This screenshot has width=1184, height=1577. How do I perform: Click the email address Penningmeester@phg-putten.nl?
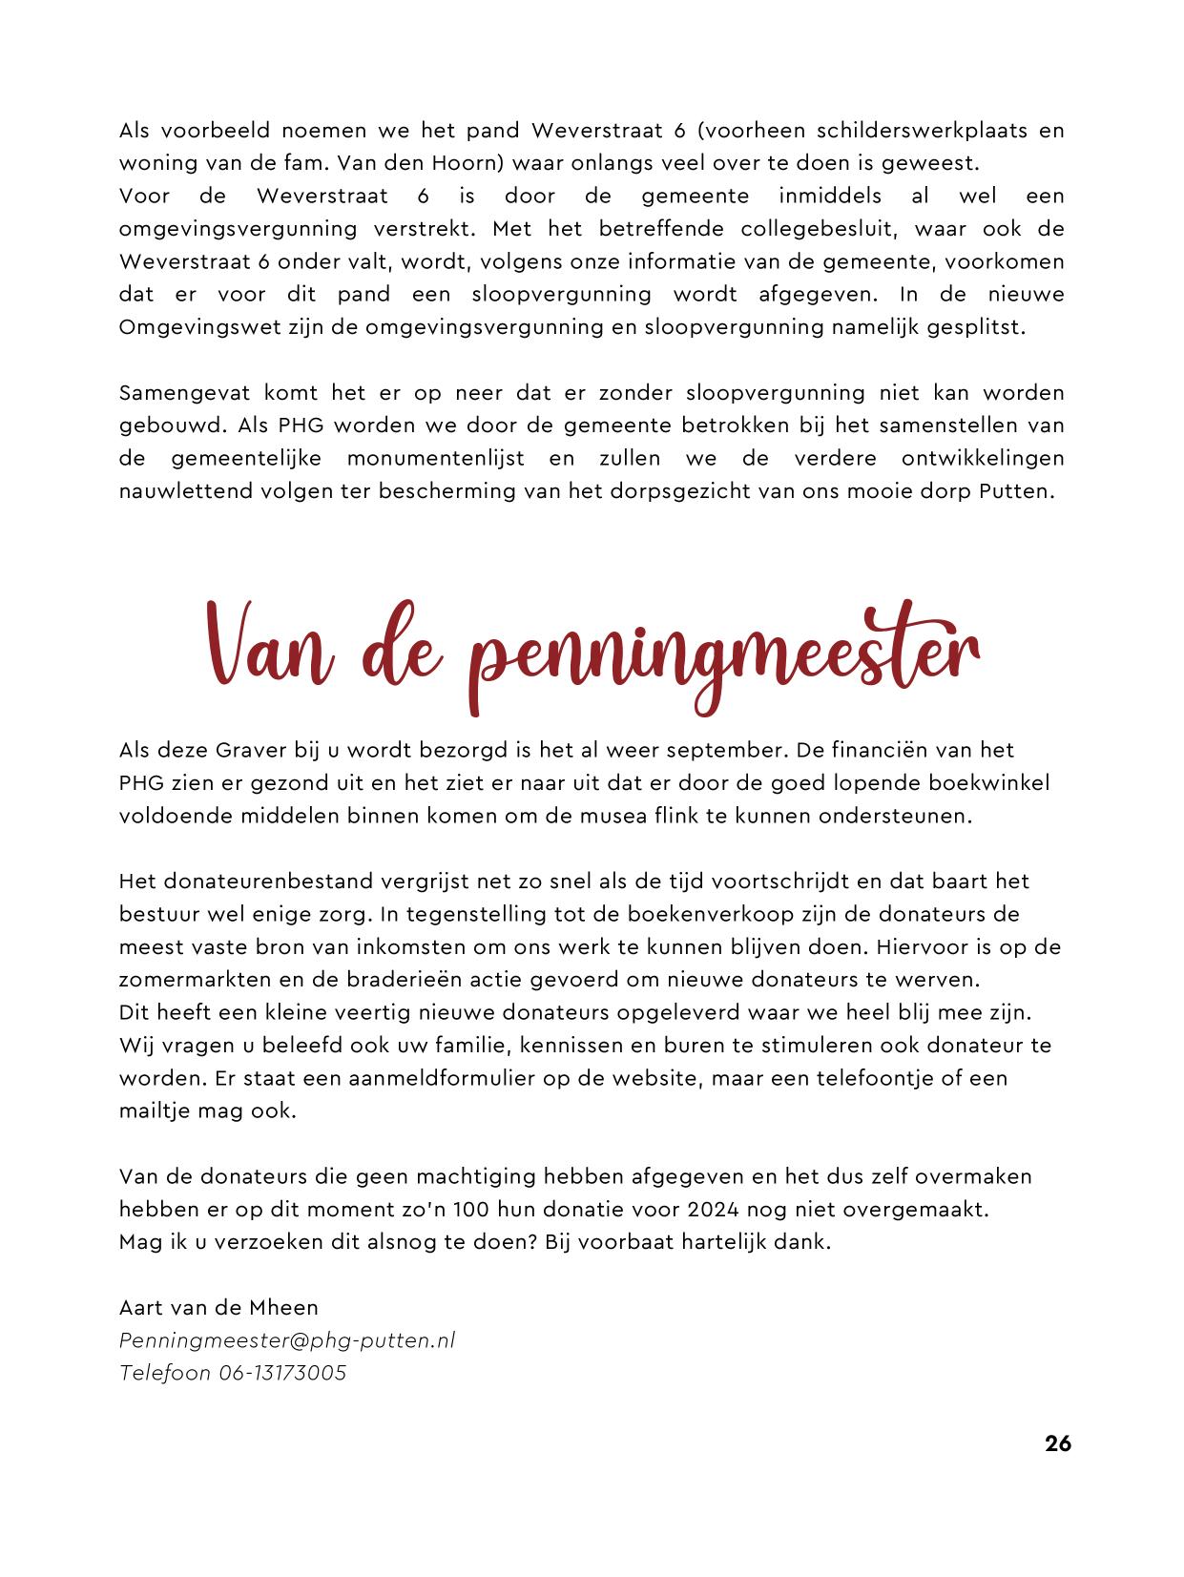pos(287,1340)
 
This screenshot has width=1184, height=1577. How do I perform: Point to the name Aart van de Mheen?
pos(219,1307)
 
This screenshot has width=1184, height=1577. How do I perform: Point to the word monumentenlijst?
pos(436,458)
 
